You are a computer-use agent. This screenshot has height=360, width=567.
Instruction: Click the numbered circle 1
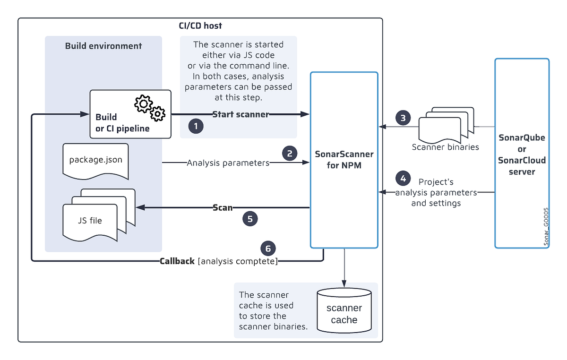pos(196,126)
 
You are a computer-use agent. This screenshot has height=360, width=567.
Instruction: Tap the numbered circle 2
pos(290,153)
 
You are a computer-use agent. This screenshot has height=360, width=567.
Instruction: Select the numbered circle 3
pos(403,118)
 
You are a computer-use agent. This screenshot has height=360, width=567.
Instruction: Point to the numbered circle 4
pos(403,179)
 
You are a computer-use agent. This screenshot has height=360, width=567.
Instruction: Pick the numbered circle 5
pos(250,218)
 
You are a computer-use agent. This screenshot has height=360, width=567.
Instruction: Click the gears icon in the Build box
pos(150,108)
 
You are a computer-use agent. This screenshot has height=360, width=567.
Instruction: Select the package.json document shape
pos(95,160)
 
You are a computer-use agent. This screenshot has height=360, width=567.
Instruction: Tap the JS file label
pos(89,220)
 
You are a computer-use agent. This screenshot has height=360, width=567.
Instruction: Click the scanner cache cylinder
pos(344,312)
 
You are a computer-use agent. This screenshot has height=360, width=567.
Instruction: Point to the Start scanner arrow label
pos(241,114)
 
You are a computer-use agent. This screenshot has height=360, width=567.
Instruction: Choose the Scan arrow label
pos(223,207)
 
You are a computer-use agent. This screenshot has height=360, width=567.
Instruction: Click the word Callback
pos(177,261)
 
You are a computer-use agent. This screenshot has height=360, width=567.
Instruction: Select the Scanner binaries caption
pos(445,147)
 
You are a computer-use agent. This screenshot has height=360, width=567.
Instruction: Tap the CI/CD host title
pos(200,26)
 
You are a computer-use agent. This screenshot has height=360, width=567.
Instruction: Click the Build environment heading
pos(103,46)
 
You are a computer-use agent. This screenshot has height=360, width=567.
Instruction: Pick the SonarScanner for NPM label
pos(344,160)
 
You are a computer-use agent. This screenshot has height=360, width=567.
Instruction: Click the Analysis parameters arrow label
pos(228,163)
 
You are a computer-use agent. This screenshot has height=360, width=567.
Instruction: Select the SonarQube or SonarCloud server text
pos(522,154)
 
